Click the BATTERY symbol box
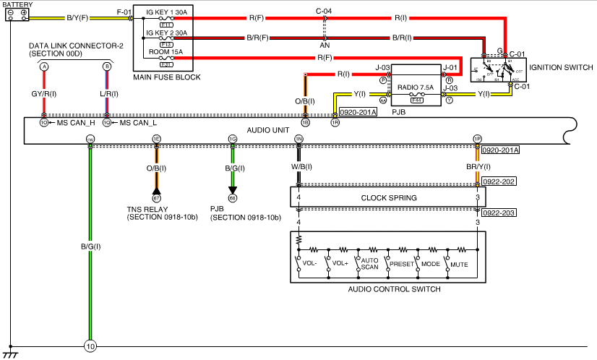(16, 14)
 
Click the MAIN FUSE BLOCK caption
(167, 77)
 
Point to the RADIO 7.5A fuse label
(416, 87)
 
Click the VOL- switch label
(309, 265)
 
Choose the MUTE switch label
(459, 265)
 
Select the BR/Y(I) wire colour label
(478, 167)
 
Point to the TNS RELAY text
(149, 209)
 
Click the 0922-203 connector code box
(499, 213)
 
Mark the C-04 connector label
(325, 12)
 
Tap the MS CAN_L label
(138, 123)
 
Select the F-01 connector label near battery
(125, 12)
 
